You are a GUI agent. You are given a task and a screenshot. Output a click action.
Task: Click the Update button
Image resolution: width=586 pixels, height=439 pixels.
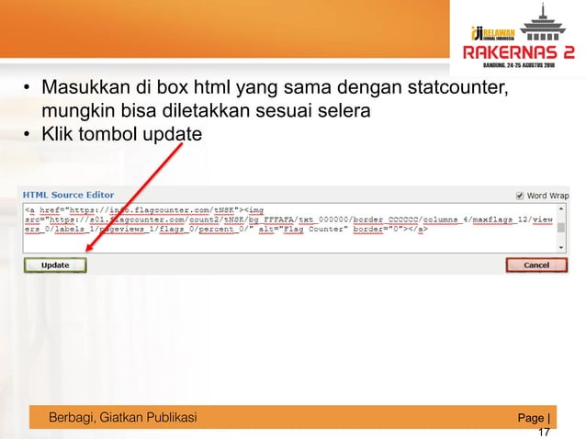55,265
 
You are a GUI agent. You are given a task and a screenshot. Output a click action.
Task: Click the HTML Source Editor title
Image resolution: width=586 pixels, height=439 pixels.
69,195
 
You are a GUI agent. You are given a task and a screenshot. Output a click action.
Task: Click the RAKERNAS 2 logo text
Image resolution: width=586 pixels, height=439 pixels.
519,53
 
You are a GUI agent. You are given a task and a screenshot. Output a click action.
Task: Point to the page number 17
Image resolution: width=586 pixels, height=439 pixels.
544,432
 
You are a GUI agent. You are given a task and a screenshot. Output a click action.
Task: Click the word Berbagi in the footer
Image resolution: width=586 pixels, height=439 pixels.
75,419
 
